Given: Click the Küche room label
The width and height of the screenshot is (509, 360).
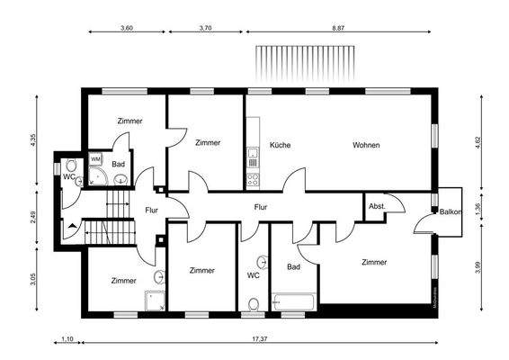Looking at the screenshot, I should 279,145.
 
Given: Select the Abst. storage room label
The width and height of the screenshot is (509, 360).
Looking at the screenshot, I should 377,206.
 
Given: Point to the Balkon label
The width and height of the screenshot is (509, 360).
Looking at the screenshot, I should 451,212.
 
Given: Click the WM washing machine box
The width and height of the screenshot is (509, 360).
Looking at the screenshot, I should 95,159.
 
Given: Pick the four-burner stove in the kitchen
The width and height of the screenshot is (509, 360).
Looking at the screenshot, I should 254,178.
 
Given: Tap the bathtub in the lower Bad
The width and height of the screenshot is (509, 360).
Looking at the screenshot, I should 293,301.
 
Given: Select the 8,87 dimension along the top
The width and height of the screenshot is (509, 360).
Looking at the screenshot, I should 337,28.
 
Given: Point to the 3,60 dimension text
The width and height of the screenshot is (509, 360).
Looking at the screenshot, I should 127,28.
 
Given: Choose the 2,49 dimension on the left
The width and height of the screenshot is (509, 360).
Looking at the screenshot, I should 33,216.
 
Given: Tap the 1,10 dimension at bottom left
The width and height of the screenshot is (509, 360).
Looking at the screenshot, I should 66,338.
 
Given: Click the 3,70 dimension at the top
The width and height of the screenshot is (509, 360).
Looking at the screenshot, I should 205,28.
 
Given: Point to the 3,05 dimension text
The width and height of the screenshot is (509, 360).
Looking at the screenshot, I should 33,277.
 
